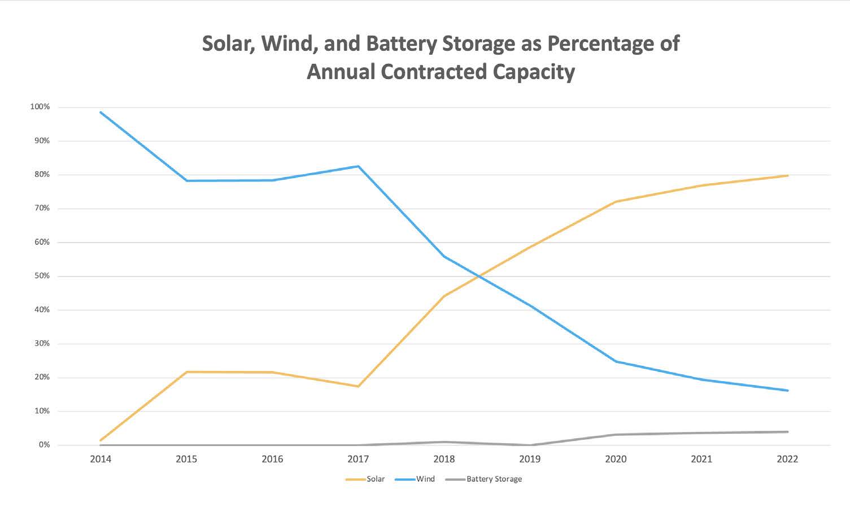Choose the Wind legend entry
click(425, 479)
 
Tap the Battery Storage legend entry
click(494, 479)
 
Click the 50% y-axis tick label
click(41, 276)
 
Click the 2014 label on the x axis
click(101, 459)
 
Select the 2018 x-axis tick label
click(444, 459)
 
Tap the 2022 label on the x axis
click(787, 459)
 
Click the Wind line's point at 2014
click(101, 112)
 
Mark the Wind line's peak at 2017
click(358, 166)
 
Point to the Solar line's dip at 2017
click(358, 386)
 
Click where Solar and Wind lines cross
click(480, 276)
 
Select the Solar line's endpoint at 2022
click(787, 175)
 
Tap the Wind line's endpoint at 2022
click(787, 390)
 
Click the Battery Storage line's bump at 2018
click(444, 442)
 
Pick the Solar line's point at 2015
click(186, 371)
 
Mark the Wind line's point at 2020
click(616, 361)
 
